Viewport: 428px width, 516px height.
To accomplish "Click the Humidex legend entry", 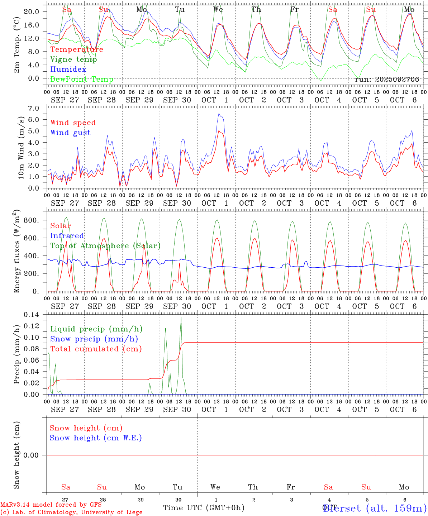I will click(68, 70).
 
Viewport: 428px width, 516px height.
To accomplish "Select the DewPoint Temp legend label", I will click(82, 80).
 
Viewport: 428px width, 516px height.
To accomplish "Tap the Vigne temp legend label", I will click(73, 59).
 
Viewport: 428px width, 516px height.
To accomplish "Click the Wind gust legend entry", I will click(71, 133).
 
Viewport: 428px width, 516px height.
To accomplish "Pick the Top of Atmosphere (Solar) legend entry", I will click(105, 246).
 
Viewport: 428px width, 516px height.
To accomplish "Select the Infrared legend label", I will click(67, 236).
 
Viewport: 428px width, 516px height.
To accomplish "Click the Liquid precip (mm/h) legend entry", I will click(96, 329).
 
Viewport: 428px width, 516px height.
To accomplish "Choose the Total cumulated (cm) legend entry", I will click(96, 349).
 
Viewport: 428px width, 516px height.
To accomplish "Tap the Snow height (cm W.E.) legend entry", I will click(96, 438).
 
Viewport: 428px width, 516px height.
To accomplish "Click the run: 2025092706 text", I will click(387, 79).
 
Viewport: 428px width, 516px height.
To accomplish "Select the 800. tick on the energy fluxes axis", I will click(31, 220).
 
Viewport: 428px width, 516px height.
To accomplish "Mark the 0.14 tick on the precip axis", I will click(31, 315).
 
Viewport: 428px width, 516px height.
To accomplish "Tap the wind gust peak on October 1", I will click(219, 114).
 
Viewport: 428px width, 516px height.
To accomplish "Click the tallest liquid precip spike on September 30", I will click(181, 317).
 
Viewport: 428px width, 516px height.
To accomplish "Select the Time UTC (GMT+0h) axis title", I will click(204, 508).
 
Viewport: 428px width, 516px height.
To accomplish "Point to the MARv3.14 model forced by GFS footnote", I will click(51, 505).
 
